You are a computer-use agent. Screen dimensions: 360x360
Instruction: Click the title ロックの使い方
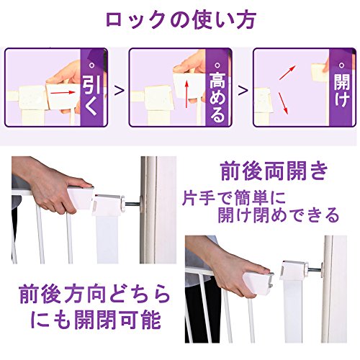pos(181,20)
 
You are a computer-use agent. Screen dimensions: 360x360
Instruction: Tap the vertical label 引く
pos(91,95)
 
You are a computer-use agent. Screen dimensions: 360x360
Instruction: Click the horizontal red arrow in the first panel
pos(63,92)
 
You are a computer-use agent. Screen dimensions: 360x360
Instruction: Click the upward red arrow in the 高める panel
pos(186,94)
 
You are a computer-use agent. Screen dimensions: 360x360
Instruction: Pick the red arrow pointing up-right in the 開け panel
pos(287,73)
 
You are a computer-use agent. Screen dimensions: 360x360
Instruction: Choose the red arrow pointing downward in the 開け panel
pos(283,103)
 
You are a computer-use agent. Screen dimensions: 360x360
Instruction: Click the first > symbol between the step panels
pos(120,91)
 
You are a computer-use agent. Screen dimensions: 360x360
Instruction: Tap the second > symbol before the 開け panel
pos(243,91)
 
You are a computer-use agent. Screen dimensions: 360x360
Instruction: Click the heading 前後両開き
pos(274,171)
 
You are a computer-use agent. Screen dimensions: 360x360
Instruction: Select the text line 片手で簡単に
pos(234,198)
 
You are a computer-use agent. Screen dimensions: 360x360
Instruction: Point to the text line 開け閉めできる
pos(279,215)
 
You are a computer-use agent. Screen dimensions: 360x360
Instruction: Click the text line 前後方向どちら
pos(95,294)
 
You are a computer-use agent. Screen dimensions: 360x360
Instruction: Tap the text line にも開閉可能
pos(96,319)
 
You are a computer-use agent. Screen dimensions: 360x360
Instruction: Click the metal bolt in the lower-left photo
pos(132,204)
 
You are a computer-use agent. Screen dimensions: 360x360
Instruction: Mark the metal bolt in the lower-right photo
pos(315,270)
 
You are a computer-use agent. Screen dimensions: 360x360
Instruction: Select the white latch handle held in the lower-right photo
pos(258,282)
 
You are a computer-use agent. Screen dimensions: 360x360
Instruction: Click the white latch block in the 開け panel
pos(320,73)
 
